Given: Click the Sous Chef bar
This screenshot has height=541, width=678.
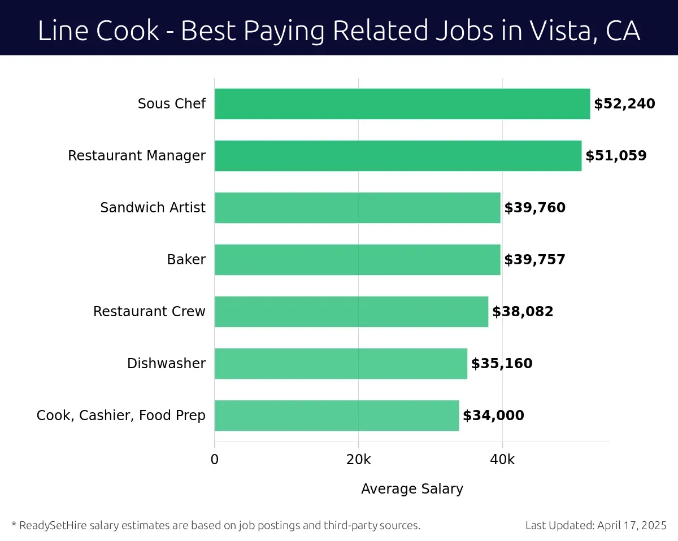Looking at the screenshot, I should (x=402, y=104).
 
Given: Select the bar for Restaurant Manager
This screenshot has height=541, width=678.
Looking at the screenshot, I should (x=398, y=156).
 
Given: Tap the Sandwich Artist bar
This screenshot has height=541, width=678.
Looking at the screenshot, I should (x=357, y=208).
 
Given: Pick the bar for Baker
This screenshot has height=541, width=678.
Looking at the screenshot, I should (x=357, y=260).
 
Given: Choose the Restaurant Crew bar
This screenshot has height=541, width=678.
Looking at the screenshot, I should (x=351, y=312).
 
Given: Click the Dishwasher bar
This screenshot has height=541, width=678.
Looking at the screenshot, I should (x=341, y=364).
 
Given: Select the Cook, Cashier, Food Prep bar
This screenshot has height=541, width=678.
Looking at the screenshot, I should (x=336, y=416).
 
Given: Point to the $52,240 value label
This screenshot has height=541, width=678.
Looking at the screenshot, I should (x=624, y=104).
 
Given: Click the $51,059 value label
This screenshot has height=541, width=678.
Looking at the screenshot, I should (x=616, y=156).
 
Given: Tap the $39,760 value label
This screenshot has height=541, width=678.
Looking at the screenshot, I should (x=534, y=208).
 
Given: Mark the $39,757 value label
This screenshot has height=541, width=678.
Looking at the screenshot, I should (x=534, y=260).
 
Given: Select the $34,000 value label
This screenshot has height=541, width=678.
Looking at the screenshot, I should (x=493, y=416).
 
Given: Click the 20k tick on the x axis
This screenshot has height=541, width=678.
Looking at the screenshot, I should (x=358, y=460).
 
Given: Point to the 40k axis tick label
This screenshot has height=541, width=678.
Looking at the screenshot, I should (x=502, y=460).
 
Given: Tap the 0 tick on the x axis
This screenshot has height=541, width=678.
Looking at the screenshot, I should (x=215, y=460).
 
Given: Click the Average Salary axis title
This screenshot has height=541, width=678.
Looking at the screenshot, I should (x=412, y=489).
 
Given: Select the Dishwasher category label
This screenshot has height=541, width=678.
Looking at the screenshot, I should (x=166, y=364).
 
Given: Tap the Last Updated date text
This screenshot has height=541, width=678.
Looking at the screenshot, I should (x=596, y=525).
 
